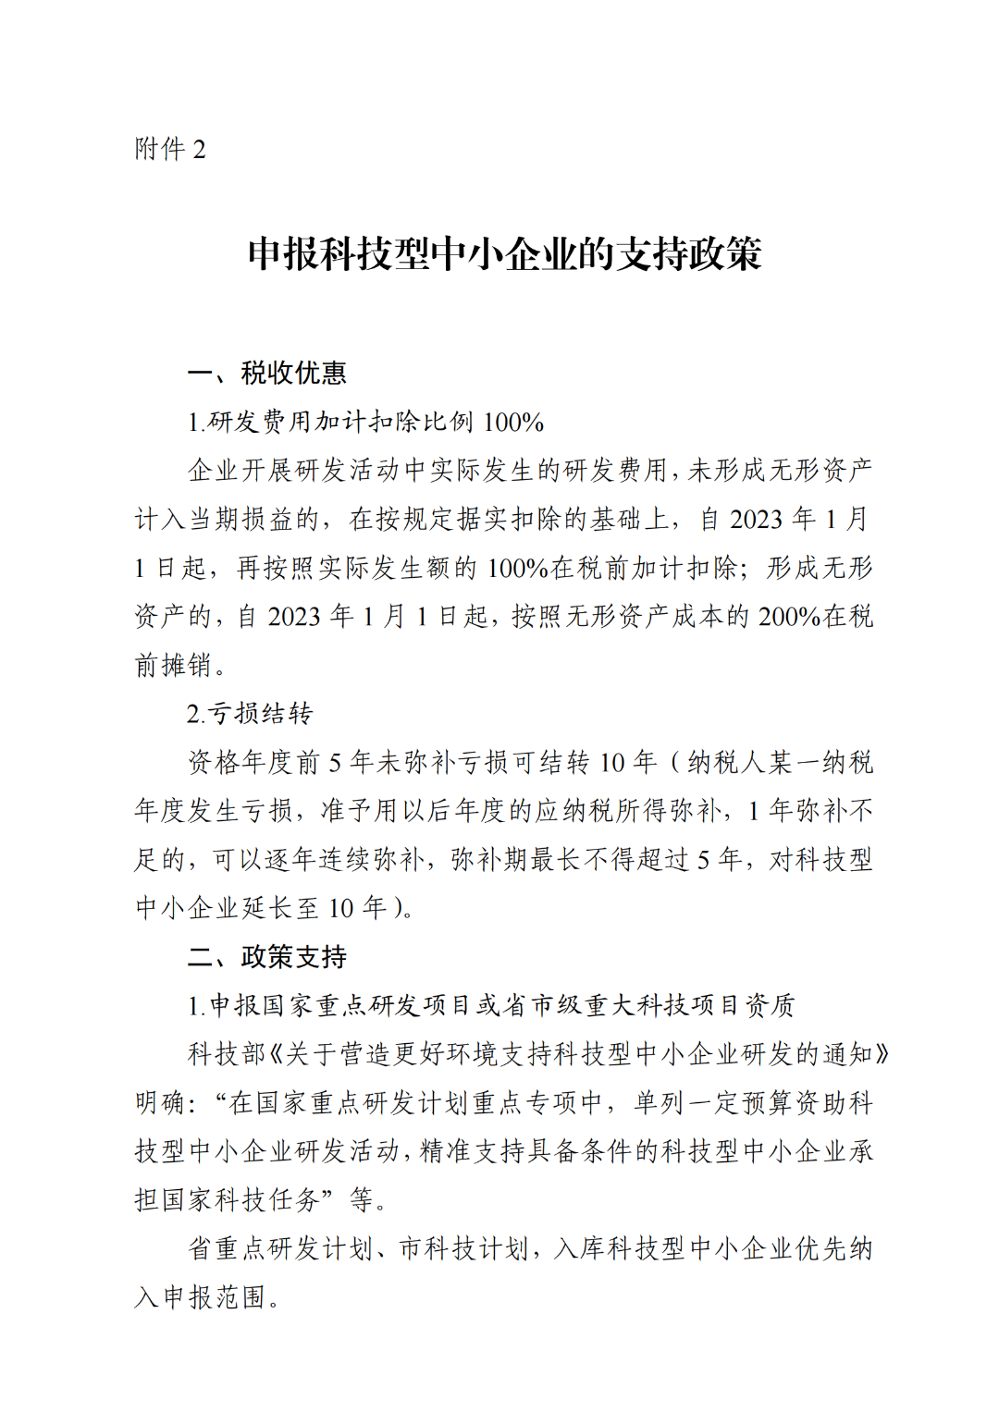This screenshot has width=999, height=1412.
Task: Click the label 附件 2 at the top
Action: [170, 149]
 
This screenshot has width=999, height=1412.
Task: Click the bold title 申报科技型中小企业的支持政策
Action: [504, 254]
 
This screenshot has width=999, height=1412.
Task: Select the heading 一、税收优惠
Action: [267, 373]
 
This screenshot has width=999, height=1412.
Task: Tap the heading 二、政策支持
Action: [267, 956]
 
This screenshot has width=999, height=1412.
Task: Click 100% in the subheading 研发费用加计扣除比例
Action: [513, 423]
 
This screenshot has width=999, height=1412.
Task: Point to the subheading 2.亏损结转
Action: [250, 714]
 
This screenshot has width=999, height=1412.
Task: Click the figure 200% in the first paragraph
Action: [785, 617]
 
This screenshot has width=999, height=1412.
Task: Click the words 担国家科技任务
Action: [227, 1200]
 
